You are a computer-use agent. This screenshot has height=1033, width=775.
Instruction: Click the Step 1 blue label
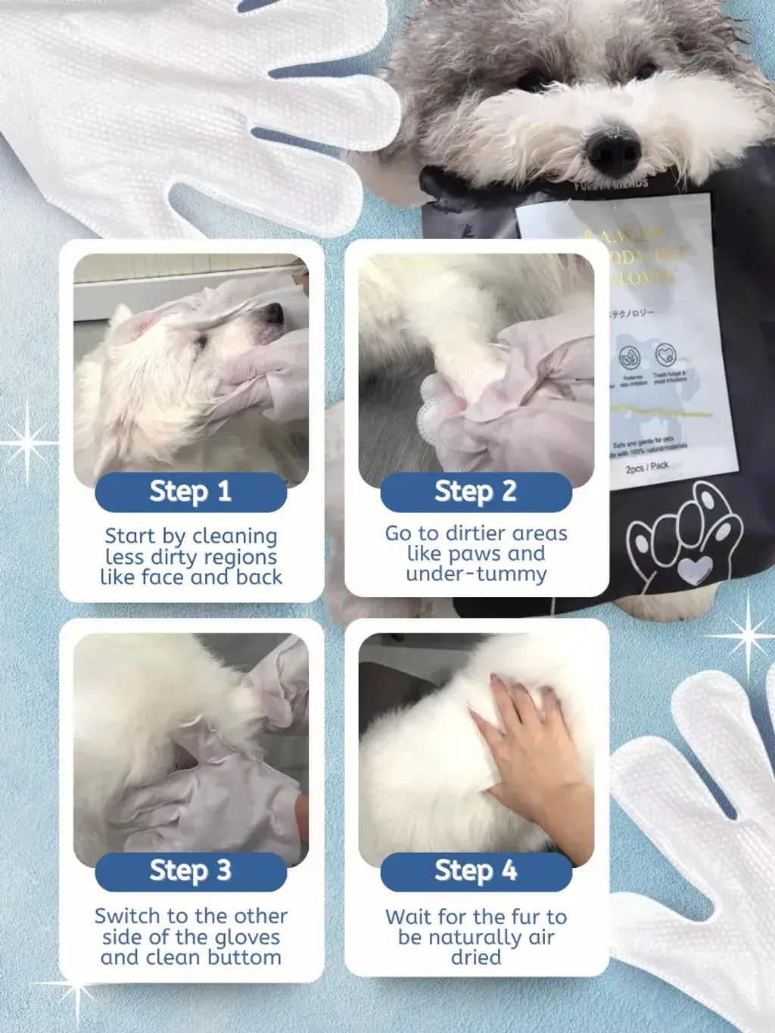tap(191, 492)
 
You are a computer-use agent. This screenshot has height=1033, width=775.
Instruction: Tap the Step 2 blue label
tap(476, 492)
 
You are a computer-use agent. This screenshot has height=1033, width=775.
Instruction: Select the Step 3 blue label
tap(191, 871)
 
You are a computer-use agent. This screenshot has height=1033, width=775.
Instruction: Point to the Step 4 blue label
tap(476, 871)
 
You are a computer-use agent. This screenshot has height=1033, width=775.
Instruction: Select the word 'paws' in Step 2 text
tap(476, 554)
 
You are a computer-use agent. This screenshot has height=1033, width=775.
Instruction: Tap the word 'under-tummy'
tap(476, 574)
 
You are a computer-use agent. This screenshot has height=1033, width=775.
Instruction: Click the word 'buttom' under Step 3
tap(244, 958)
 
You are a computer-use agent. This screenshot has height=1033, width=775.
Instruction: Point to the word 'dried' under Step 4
tap(476, 958)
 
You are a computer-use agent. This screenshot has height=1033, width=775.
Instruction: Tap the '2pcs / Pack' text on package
tap(647, 467)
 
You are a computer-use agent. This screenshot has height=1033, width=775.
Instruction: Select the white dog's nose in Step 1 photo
tap(274, 312)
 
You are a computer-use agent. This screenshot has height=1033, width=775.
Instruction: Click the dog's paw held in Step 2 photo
tap(443, 397)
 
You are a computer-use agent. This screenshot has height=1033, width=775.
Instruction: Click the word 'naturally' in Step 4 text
tap(475, 938)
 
